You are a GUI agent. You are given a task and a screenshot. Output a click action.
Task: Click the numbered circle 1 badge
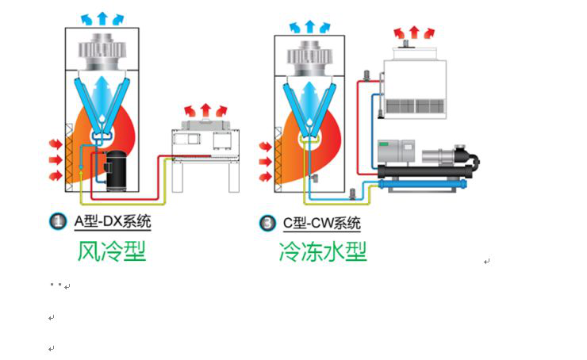[58, 221]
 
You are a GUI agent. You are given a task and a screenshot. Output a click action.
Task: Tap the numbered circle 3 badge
[267, 223]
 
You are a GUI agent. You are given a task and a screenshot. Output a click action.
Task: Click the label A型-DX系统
[113, 221]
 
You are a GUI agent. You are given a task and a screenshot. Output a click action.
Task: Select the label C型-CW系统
[322, 223]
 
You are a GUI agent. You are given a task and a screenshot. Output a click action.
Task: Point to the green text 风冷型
[112, 251]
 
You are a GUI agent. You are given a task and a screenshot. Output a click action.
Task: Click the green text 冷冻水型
[323, 251]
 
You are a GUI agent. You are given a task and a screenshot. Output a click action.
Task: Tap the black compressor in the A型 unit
[116, 170]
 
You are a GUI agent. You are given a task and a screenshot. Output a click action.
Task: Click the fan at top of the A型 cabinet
[102, 52]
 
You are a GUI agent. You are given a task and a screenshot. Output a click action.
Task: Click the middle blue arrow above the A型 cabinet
[102, 18]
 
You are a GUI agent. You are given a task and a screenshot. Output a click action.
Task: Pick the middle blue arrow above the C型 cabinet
[309, 27]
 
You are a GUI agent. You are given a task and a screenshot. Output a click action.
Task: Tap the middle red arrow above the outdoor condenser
[205, 110]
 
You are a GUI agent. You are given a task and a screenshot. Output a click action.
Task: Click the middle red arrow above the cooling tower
[414, 33]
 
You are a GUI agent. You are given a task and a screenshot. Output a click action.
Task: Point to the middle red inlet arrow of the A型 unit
[56, 160]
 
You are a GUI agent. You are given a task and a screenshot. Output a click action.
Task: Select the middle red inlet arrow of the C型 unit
[265, 162]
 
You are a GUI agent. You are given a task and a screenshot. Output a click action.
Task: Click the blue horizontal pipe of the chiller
[423, 184]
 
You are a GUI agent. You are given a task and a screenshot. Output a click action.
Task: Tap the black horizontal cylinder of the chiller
[425, 172]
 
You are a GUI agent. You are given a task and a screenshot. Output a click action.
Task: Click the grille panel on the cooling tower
[415, 106]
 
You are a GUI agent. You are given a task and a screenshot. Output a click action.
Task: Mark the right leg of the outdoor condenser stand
[233, 177]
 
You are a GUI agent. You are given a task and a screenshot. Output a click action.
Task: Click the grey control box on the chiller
[396, 152]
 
